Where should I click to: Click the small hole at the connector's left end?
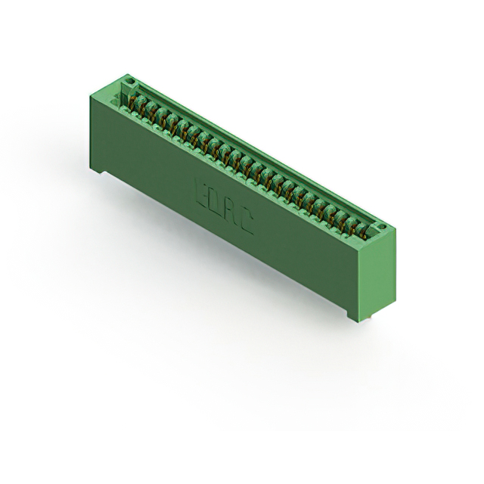click(x=129, y=79)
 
